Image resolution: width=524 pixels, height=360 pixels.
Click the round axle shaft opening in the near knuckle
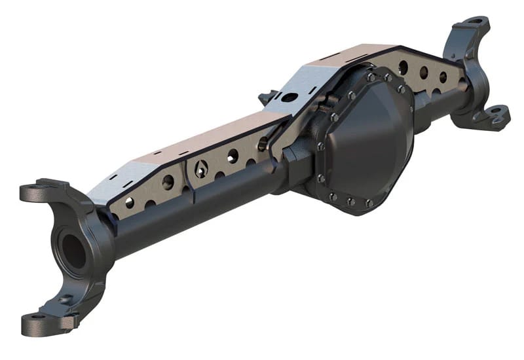[72, 249]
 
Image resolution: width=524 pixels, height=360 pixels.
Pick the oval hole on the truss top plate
[286, 98]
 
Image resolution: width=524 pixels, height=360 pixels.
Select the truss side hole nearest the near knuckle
[130, 202]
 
